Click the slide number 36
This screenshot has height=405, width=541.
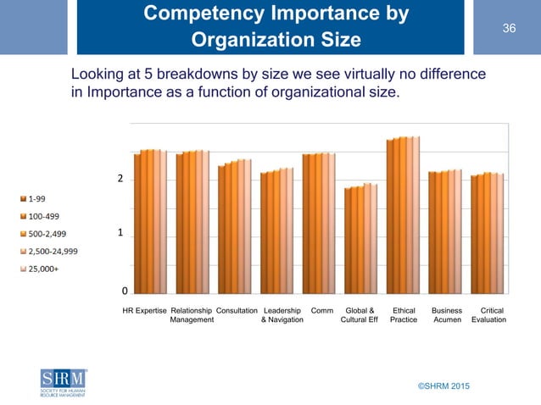(509, 30)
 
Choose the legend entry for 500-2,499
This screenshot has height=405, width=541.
(45, 234)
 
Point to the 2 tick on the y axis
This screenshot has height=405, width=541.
(121, 180)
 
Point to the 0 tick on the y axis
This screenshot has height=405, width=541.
(125, 290)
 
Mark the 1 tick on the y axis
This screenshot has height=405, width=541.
(121, 232)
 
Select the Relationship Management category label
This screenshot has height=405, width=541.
(192, 315)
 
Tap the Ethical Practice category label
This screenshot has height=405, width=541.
(403, 315)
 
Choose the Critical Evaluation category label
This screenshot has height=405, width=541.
(488, 315)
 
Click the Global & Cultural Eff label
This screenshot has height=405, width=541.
(359, 315)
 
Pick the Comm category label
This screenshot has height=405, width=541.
(321, 310)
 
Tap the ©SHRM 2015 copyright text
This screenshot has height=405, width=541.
(442, 386)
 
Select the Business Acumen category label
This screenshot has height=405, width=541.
(447, 315)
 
